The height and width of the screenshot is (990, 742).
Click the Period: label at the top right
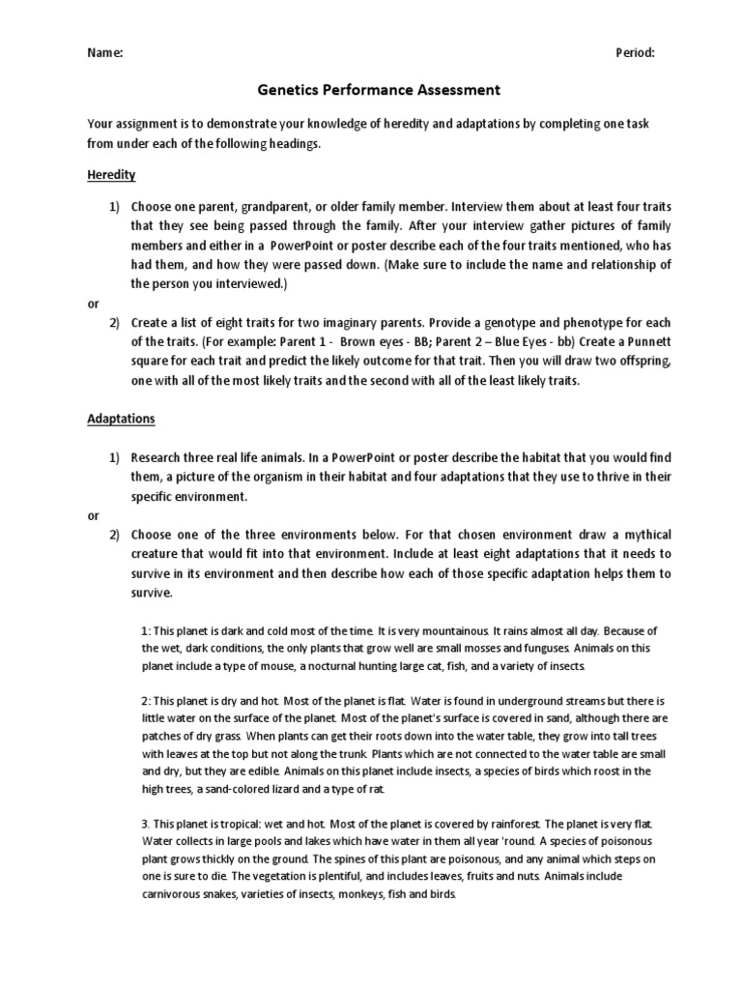(636, 53)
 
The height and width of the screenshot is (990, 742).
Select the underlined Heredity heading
(111, 175)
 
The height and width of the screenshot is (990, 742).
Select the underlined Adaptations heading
(121, 421)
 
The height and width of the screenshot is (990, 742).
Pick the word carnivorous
(176, 894)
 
